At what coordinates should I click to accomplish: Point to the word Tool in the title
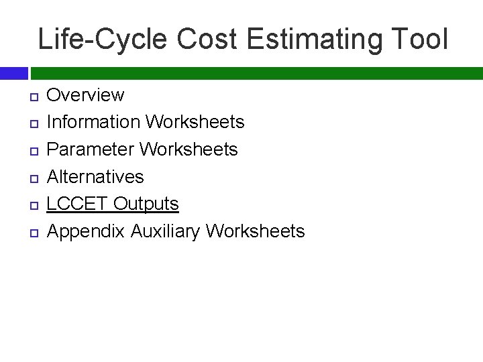(419, 40)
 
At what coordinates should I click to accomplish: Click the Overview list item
(85, 95)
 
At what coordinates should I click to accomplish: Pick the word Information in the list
(93, 122)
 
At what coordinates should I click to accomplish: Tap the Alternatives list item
(95, 176)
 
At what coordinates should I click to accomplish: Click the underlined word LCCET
(78, 204)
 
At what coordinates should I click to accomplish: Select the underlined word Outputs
(146, 204)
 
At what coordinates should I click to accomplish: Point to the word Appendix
(86, 231)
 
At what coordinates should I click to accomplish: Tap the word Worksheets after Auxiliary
(256, 231)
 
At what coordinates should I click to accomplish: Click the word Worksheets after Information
(195, 122)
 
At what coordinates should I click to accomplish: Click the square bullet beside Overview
(33, 96)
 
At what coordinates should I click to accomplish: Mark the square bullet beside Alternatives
(33, 178)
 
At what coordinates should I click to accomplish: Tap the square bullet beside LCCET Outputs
(33, 205)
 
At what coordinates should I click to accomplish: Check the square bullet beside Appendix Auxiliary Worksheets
(33, 233)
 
